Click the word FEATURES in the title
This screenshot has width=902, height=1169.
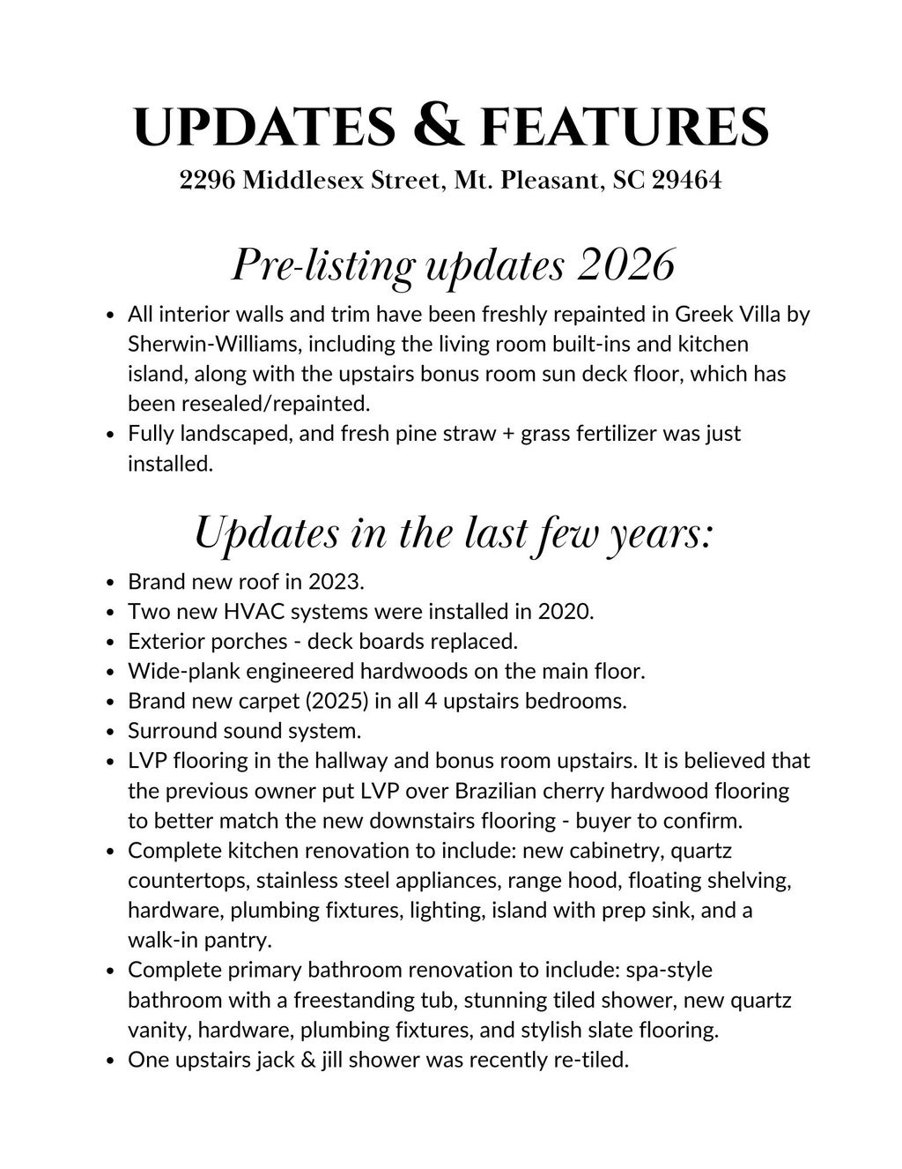pos(625,126)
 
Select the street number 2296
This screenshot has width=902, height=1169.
pos(207,181)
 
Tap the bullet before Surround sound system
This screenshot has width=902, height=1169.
pos(110,731)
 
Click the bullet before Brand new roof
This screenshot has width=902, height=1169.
pos(110,582)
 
